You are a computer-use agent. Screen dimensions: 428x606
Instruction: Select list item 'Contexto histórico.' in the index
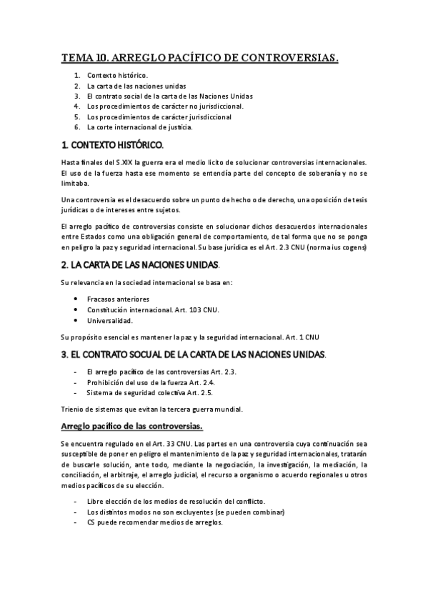117,75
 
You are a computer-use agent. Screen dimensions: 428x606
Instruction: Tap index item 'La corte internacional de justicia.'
139,127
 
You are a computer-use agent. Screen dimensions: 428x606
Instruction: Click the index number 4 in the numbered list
76,106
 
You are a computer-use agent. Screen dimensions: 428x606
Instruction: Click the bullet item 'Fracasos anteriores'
118,299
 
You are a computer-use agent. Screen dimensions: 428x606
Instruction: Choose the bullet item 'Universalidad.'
110,321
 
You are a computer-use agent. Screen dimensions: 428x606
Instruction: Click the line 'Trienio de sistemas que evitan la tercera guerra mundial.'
151,409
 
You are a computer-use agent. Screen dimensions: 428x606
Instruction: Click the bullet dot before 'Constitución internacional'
76,310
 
